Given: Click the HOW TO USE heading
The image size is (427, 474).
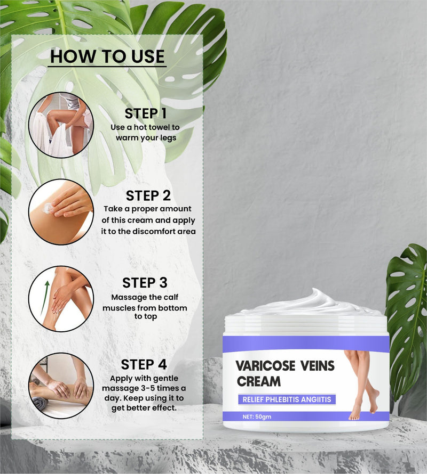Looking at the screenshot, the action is point(107,56).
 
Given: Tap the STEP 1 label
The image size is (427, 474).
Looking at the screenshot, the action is point(146,113).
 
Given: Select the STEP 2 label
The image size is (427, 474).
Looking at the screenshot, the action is point(148,195).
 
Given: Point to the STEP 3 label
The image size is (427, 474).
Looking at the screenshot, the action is point(145,283).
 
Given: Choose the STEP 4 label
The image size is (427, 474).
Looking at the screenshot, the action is point(144,365).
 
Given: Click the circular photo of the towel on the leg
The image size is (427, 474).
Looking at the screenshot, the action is point(61,125).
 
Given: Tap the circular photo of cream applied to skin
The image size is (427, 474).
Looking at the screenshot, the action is point(61,212).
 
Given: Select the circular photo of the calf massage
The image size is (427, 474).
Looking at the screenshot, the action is point(61,299).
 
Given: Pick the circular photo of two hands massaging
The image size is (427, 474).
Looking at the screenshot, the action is point(61,386).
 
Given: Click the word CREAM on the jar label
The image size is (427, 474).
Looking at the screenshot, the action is point(259,381).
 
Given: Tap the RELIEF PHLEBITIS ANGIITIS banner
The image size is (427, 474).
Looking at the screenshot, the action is point(287,399).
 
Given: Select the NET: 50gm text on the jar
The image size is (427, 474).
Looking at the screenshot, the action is point(257,417).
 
